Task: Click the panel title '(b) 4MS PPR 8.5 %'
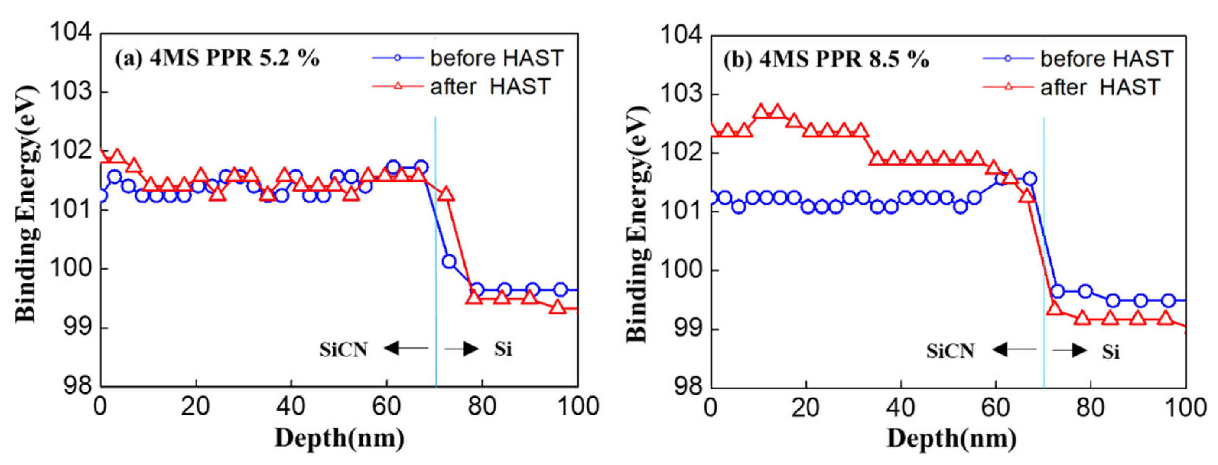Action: (826, 60)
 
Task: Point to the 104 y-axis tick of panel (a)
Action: (71, 33)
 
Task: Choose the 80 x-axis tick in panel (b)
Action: (1090, 408)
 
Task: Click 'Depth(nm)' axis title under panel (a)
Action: (340, 438)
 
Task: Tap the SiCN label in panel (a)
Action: (344, 350)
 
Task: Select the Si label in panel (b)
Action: (1111, 352)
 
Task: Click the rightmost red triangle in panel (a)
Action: (558, 307)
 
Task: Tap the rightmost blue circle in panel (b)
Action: (1168, 301)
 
